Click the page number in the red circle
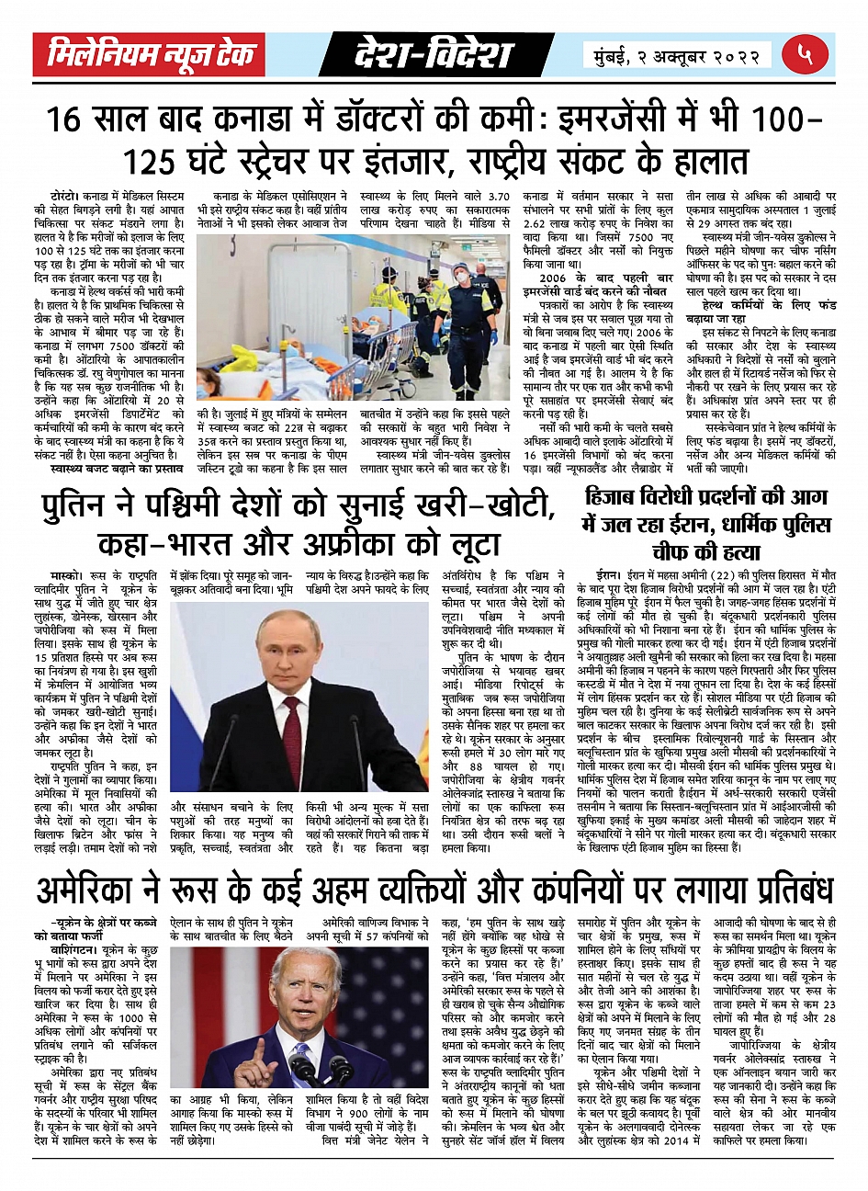click(806, 55)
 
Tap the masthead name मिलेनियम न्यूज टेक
click(150, 55)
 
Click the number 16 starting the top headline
click(70, 120)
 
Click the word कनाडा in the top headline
click(266, 120)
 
